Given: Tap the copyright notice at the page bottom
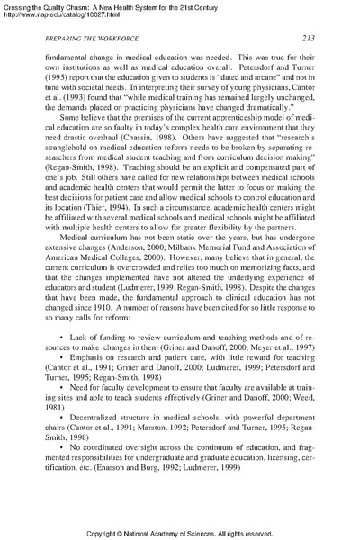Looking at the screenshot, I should pyautogui.click(x=180, y=526).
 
